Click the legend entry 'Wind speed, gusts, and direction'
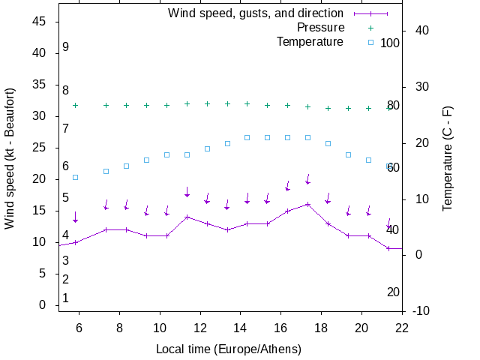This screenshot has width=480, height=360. pyautogui.click(x=255, y=13)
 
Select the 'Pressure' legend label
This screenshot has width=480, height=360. pyautogui.click(x=320, y=28)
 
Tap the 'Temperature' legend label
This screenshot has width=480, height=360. pyautogui.click(x=310, y=42)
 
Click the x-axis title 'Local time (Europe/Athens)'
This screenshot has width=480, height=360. pyautogui.click(x=229, y=349)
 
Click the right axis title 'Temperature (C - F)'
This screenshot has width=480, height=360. pyautogui.click(x=448, y=158)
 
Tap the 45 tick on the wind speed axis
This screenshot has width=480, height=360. pyautogui.click(x=40, y=22)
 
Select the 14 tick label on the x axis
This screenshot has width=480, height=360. pyautogui.click(x=241, y=327)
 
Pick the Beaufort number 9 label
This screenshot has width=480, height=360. pyautogui.click(x=66, y=47)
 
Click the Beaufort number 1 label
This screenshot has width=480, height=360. pyautogui.click(x=66, y=298)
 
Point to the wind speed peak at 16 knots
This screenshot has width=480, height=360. pyautogui.click(x=307, y=204)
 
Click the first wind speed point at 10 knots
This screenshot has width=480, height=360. pyautogui.click(x=75, y=242)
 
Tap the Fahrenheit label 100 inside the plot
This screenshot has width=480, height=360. pyautogui.click(x=390, y=43)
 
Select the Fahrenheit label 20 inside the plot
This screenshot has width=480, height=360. pyautogui.click(x=393, y=292)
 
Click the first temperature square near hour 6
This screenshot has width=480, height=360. pyautogui.click(x=75, y=177)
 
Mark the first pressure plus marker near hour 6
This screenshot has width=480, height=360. pyautogui.click(x=75, y=105)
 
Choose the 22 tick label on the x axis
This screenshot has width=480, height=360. pyautogui.click(x=403, y=327)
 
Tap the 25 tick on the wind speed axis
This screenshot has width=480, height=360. pyautogui.click(x=40, y=148)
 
